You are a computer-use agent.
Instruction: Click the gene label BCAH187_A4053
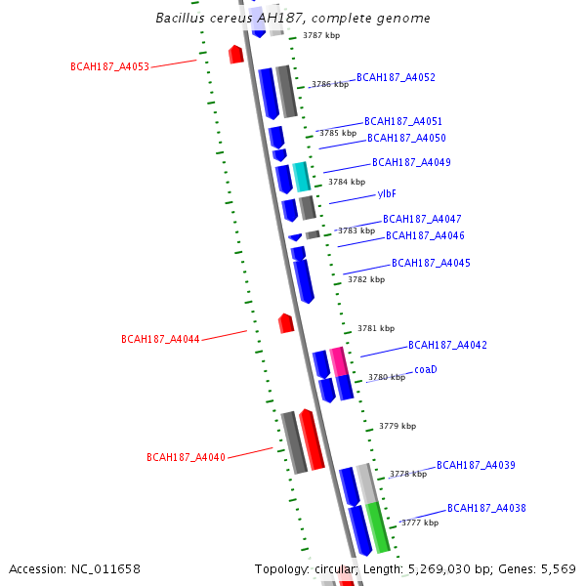click(x=109, y=66)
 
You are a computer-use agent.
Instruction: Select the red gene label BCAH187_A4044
click(x=160, y=339)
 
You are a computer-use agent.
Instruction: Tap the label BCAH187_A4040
click(x=186, y=457)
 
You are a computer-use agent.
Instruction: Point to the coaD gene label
click(x=425, y=369)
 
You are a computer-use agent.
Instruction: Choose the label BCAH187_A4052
click(x=396, y=77)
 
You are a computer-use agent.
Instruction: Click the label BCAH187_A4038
click(x=486, y=508)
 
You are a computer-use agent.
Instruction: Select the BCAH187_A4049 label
click(x=411, y=162)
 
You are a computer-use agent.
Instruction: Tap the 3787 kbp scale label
click(x=321, y=35)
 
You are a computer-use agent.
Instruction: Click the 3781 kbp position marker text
click(x=376, y=328)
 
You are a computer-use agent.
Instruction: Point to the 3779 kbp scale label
click(x=398, y=426)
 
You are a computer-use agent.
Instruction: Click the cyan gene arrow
click(x=302, y=177)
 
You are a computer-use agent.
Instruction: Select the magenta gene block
click(x=338, y=361)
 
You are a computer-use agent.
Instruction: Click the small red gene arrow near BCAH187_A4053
click(x=235, y=54)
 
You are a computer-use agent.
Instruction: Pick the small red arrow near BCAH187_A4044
click(x=286, y=322)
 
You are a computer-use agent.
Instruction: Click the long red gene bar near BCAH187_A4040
click(x=312, y=439)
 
